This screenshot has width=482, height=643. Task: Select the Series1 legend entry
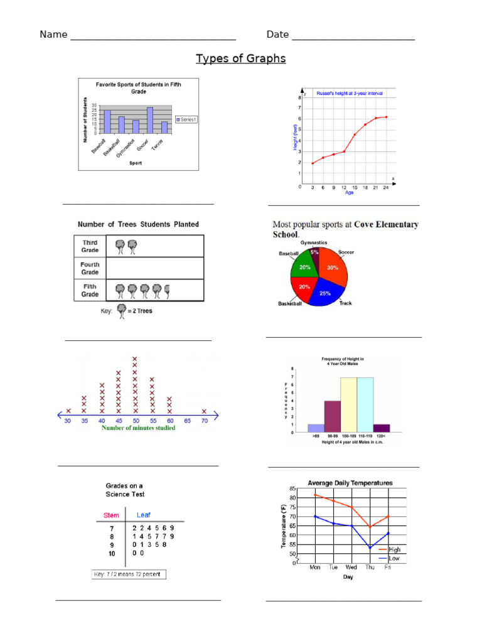186,119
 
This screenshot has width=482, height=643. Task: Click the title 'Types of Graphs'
240,58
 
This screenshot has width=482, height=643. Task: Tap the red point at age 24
386,117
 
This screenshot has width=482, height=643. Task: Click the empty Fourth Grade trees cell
155,268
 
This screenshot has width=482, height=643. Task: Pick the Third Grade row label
90,246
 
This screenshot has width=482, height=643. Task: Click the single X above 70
205,411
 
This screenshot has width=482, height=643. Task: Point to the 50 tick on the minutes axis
135,421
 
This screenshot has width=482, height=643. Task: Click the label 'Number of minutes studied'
139,428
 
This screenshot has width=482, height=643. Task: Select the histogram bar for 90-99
332,416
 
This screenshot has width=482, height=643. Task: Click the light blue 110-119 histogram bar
365,405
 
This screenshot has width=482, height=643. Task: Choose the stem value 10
112,554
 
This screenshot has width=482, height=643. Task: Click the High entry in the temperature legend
394,549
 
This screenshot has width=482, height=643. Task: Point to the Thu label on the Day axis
370,567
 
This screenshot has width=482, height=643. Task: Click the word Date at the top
277,34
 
